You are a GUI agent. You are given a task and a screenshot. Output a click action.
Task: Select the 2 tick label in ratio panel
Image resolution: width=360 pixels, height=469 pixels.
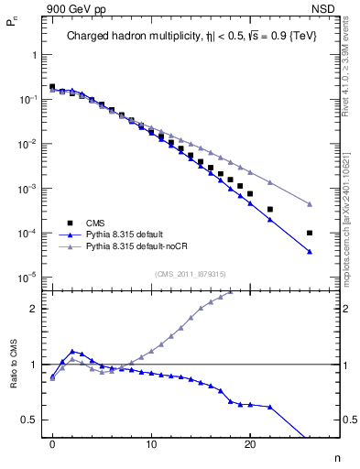pyautogui.click(x=34, y=309)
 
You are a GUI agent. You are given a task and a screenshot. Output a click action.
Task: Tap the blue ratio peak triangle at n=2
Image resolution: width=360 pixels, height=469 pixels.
pyautogui.click(x=72, y=351)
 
